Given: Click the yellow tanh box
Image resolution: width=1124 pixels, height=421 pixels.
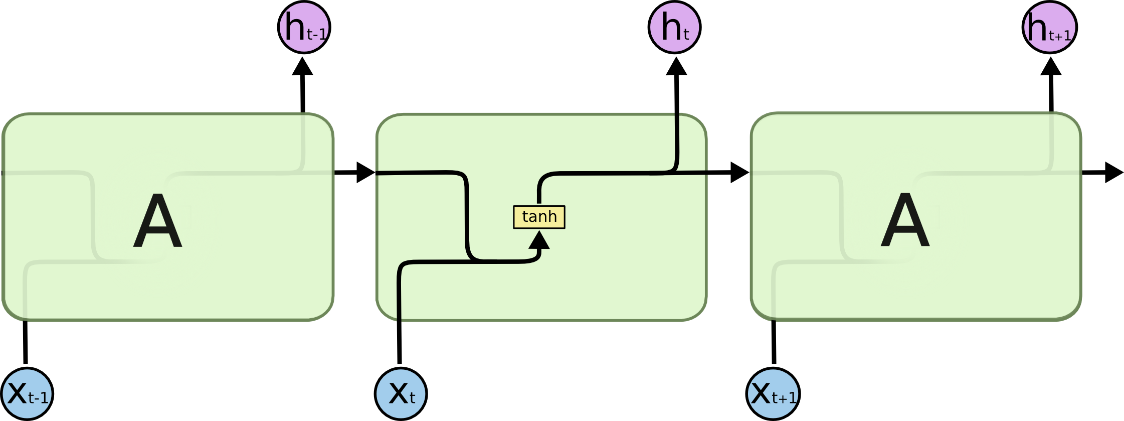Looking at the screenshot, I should (x=539, y=217).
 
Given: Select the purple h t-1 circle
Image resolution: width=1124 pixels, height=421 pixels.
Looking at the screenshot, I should (x=304, y=27).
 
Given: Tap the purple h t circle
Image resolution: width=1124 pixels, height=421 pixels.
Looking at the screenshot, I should (x=674, y=27).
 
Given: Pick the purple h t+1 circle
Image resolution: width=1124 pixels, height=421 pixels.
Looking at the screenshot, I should (x=1049, y=27).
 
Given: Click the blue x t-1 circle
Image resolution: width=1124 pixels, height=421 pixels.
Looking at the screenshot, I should (x=27, y=394).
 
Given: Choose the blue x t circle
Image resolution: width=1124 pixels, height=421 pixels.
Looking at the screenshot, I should (x=401, y=394).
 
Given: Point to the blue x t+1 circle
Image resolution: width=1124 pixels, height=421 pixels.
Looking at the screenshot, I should (x=773, y=394).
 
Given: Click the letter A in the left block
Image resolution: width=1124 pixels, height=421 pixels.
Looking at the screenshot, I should (x=157, y=221).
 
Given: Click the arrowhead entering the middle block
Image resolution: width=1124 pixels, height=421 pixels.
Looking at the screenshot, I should (x=364, y=173).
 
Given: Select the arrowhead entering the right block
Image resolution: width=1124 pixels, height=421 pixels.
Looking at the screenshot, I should (x=738, y=173).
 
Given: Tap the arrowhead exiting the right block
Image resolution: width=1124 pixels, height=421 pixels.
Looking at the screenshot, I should (x=1112, y=173).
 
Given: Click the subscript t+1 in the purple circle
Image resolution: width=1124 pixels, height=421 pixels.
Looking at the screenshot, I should (x=1060, y=36).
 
